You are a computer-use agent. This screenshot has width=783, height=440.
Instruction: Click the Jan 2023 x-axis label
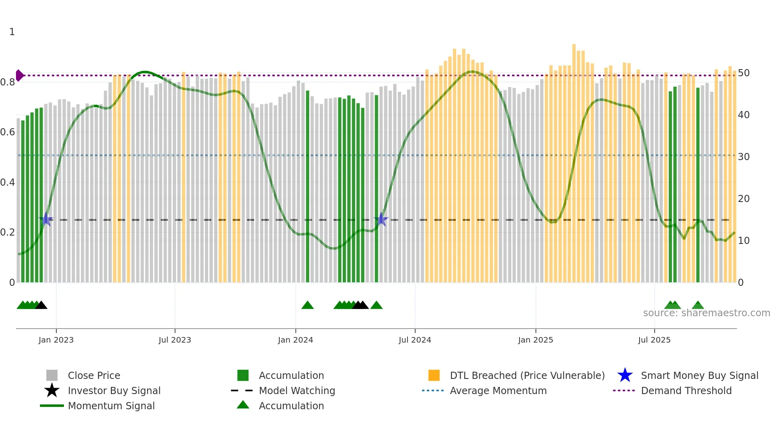pos(56,340)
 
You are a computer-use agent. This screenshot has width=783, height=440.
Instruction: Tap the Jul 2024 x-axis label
pos(415,340)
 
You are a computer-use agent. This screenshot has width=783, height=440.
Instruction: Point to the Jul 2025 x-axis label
pos(654,340)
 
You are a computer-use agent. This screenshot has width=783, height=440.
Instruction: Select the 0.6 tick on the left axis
pos(8,132)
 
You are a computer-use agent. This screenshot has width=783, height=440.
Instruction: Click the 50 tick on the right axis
pos(743,73)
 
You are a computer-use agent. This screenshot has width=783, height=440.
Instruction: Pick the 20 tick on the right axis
pos(743,199)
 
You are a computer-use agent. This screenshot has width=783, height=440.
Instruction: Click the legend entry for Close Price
pos(94,375)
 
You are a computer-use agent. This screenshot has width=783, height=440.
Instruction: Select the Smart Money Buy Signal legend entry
pos(699,375)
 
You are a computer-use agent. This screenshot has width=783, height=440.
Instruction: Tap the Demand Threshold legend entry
pos(686,390)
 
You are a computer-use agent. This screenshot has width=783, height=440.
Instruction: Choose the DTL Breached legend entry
pos(527,375)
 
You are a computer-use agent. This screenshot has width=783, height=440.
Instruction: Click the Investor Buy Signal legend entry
pos(114,390)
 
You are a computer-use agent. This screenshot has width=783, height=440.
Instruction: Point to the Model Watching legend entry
pos(297,390)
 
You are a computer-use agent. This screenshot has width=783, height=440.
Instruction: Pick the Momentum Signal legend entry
pos(111,406)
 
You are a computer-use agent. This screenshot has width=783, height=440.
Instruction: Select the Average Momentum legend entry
pos(498,390)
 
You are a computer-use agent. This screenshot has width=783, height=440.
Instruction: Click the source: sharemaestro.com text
pos(706,313)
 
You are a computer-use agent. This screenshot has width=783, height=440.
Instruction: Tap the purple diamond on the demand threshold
pos(19,75)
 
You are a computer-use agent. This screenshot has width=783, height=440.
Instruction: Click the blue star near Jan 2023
pos(46,219)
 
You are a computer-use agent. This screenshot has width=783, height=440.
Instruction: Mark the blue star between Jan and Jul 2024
pos(381,219)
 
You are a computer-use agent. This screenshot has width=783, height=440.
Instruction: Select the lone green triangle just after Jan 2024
pos(307,305)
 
